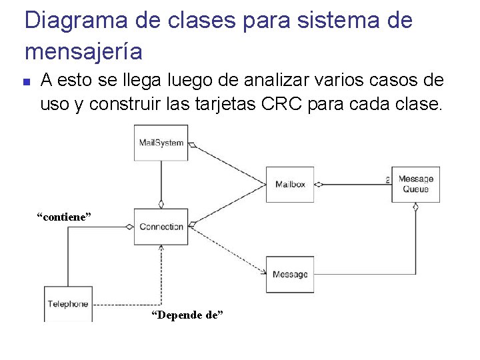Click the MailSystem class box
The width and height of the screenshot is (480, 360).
[x=161, y=143]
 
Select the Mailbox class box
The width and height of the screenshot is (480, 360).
[x=290, y=184]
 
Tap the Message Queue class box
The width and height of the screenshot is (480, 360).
[x=415, y=184]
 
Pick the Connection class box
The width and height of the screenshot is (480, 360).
[x=161, y=227]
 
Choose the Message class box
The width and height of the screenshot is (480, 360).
[x=290, y=274]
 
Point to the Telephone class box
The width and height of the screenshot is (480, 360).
[x=68, y=304]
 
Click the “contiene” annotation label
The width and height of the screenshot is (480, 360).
[x=63, y=217]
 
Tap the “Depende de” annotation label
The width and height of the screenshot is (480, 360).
[x=187, y=315]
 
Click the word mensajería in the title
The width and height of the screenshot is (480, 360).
[x=83, y=50]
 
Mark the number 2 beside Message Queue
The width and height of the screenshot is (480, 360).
[x=387, y=179]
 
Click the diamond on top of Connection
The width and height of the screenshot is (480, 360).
[x=161, y=205]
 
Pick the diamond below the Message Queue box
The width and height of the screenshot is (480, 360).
[x=415, y=207]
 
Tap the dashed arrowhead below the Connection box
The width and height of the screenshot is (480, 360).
[x=161, y=248]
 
